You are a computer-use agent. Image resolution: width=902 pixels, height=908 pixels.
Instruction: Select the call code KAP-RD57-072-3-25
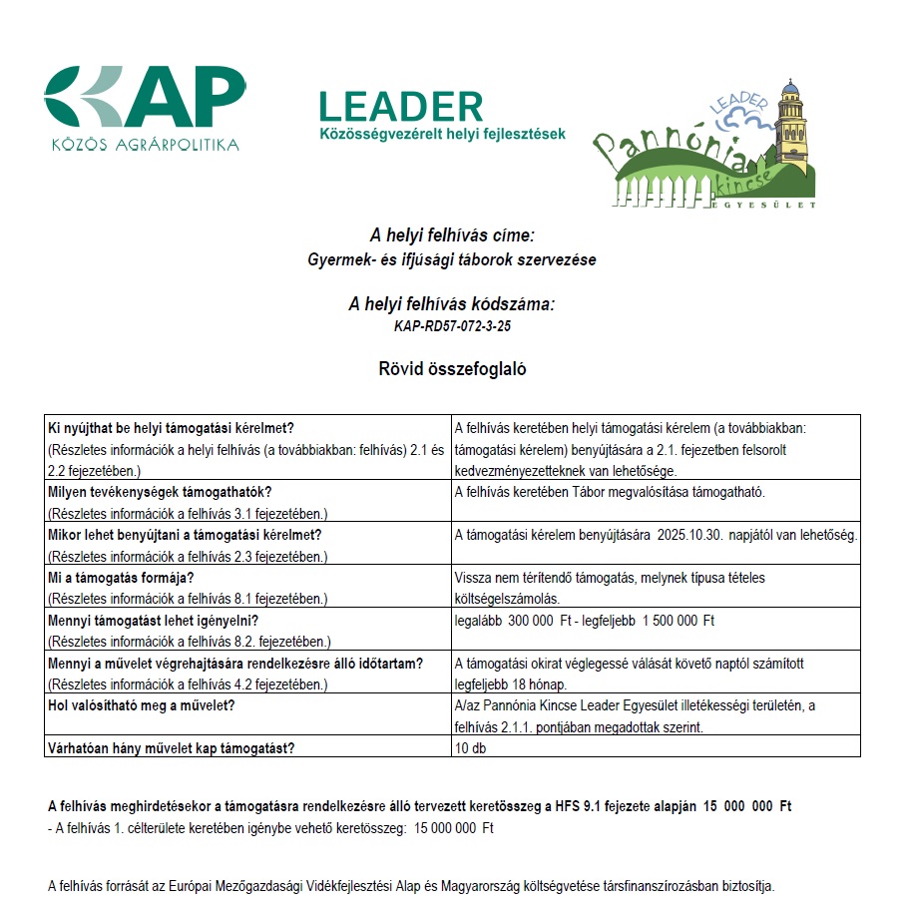point(452,326)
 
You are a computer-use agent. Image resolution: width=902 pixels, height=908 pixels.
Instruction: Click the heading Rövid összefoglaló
point(451,368)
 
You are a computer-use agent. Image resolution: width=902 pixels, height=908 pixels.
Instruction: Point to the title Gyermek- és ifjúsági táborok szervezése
point(452,260)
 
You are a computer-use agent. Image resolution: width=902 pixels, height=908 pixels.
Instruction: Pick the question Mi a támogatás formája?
point(121,578)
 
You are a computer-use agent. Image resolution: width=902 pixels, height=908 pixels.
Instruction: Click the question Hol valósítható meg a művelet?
point(146,706)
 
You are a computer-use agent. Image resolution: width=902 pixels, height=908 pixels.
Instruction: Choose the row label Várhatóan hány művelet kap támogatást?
point(171,747)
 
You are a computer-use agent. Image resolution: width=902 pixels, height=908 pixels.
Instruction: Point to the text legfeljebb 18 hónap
point(510,684)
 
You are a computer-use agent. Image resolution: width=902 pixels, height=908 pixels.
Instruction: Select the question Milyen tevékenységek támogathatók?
point(161,492)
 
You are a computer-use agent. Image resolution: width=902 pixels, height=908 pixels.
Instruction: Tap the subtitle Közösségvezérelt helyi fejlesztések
point(442,134)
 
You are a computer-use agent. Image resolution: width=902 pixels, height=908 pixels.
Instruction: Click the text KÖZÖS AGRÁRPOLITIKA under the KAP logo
point(146,145)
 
